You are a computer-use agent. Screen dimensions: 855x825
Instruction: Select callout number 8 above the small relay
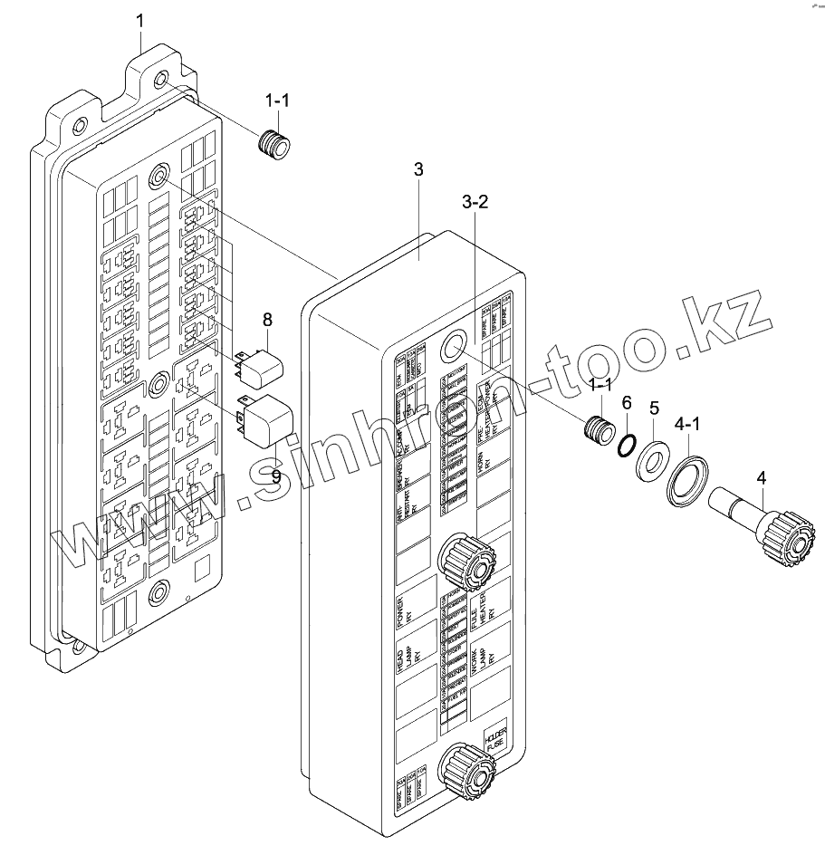pos(267,319)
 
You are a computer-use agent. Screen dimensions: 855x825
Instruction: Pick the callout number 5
pos(656,408)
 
